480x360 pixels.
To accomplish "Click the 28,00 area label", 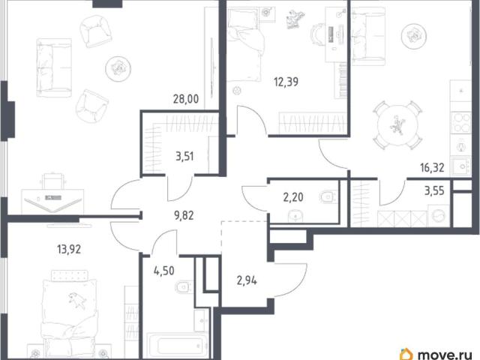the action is click(186, 99).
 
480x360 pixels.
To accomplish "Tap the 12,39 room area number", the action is click(286, 82).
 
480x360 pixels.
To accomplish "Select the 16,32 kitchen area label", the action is click(432, 167).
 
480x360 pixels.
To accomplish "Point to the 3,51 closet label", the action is click(184, 157).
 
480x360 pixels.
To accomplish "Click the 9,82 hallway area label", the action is click(184, 215).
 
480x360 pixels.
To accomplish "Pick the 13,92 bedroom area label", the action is click(69, 249).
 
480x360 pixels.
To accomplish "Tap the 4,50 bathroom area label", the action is click(164, 271).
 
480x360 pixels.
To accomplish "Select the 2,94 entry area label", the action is click(247, 280).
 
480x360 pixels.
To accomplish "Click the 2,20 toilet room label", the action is click(293, 197).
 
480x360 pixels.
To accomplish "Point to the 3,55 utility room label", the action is click(434, 190).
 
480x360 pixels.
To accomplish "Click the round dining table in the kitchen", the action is click(397, 125).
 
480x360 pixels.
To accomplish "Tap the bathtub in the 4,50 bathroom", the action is click(177, 346).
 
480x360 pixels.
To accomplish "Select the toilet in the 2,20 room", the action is click(328, 196).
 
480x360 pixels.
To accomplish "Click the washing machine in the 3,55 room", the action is click(438, 215).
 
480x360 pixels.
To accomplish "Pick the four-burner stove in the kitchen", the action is click(460, 122).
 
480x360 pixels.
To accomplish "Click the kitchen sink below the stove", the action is click(460, 166).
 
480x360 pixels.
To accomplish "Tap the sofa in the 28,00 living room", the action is click(54, 67).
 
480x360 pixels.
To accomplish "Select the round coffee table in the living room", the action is click(118, 68).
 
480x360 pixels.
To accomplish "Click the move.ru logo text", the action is click(445, 355).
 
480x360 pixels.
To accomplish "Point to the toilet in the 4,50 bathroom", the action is click(184, 287).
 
